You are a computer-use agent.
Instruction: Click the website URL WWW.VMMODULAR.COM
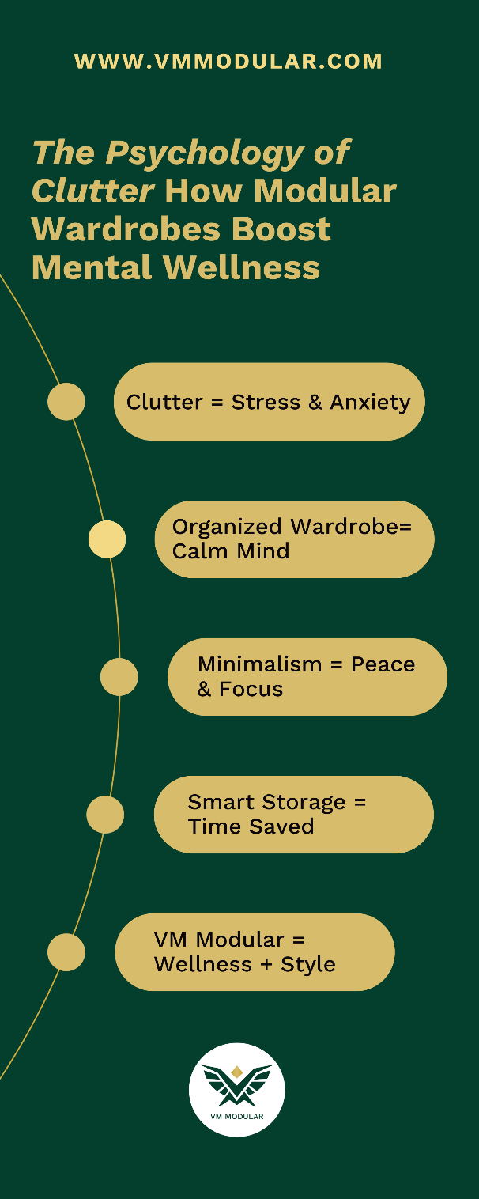(228, 62)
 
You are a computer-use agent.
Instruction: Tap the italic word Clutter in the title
(92, 191)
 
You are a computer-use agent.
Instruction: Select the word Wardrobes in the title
(126, 229)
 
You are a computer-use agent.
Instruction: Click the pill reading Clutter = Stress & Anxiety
(269, 402)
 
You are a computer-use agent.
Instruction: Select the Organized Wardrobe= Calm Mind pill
(294, 539)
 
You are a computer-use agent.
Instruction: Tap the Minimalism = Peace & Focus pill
(307, 677)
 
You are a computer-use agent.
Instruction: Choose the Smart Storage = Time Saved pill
(293, 815)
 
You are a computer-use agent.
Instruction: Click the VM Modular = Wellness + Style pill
(255, 952)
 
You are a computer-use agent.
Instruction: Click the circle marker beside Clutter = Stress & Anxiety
(66, 402)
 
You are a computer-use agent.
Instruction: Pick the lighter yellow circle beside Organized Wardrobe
(107, 539)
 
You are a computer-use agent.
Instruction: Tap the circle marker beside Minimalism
(119, 677)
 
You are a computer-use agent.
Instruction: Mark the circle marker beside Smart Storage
(105, 815)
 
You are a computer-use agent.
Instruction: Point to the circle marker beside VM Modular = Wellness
(66, 952)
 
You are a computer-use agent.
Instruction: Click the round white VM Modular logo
(237, 1090)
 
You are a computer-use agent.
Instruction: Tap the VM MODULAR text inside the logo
(237, 1117)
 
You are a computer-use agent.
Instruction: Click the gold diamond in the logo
(237, 1072)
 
